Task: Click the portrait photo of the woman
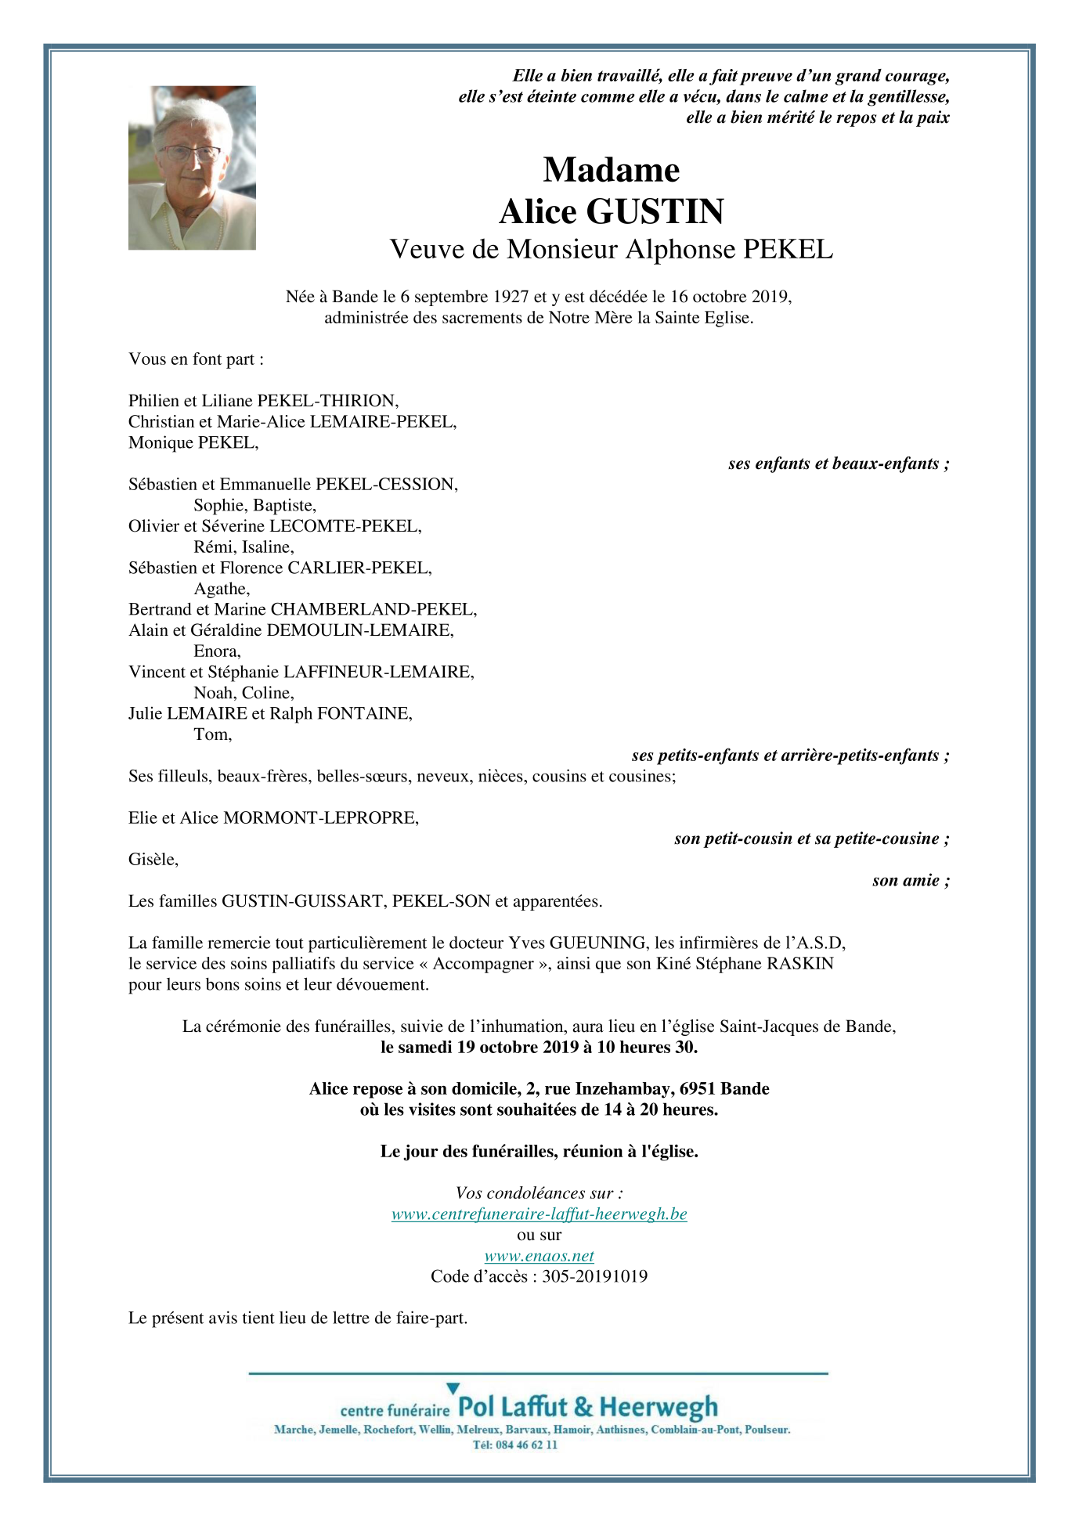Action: click(x=192, y=168)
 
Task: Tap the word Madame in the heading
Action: click(x=611, y=170)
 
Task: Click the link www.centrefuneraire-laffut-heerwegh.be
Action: click(x=539, y=1214)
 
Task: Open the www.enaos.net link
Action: click(x=539, y=1256)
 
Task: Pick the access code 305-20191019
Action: click(x=594, y=1277)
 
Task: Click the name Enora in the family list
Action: click(x=216, y=651)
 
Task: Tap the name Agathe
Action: click(x=221, y=589)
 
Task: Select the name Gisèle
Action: click(x=153, y=860)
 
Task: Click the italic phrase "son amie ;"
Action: click(x=911, y=881)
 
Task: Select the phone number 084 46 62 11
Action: click(x=526, y=1445)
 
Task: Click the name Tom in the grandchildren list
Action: click(x=211, y=734)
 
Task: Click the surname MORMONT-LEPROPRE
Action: click(x=321, y=818)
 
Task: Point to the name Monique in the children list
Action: click(x=161, y=443)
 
